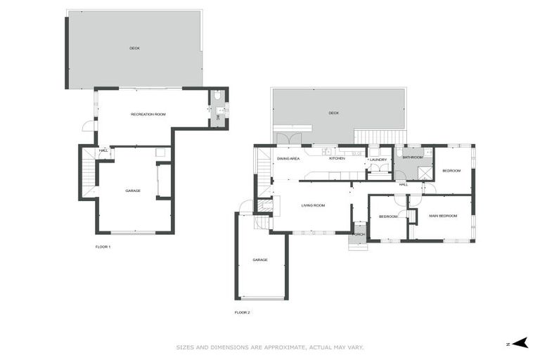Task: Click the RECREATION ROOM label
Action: (148, 114)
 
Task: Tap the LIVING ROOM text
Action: (312, 205)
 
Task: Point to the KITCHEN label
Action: (337, 158)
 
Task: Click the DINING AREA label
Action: (288, 158)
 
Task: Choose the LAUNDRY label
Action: (378, 159)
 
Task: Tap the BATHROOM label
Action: (413, 157)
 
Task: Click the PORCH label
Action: (359, 234)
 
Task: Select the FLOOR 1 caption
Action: (103, 247)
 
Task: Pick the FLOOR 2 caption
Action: (243, 312)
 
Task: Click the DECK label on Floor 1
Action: (134, 49)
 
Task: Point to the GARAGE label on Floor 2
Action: (260, 260)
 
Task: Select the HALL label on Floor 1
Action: (103, 150)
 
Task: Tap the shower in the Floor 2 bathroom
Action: (424, 172)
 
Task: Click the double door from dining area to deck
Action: (289, 139)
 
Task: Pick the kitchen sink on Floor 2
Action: (327, 151)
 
